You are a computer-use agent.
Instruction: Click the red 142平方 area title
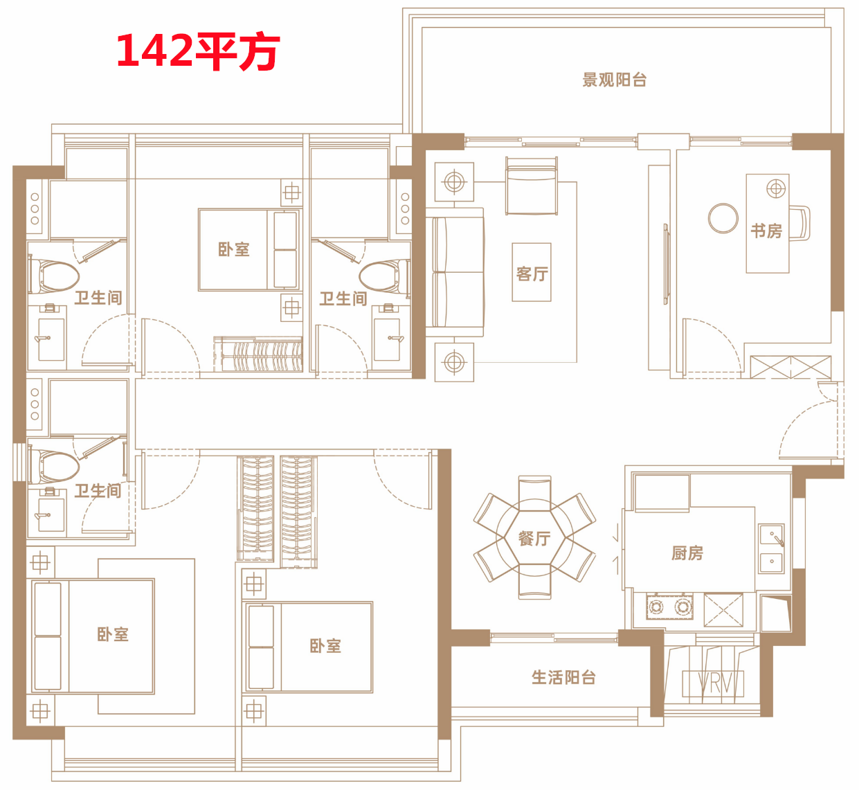point(198,51)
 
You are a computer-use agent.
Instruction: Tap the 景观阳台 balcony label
point(615,80)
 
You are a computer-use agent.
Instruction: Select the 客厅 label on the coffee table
point(532,273)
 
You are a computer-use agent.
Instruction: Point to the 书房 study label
point(766,231)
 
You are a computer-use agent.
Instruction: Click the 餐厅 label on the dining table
point(534,539)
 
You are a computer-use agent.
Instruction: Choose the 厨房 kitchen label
point(687,553)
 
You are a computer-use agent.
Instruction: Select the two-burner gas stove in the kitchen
point(669,607)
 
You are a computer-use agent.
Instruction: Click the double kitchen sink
point(771,548)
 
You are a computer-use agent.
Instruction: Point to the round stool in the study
point(723,218)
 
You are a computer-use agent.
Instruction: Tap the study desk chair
point(799,223)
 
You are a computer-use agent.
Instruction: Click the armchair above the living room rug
point(532,186)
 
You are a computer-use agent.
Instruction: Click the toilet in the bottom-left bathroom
point(54,467)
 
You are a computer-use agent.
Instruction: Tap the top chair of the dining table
point(534,493)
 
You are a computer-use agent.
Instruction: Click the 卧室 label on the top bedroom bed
point(234,249)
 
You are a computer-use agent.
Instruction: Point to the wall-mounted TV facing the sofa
point(666,264)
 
